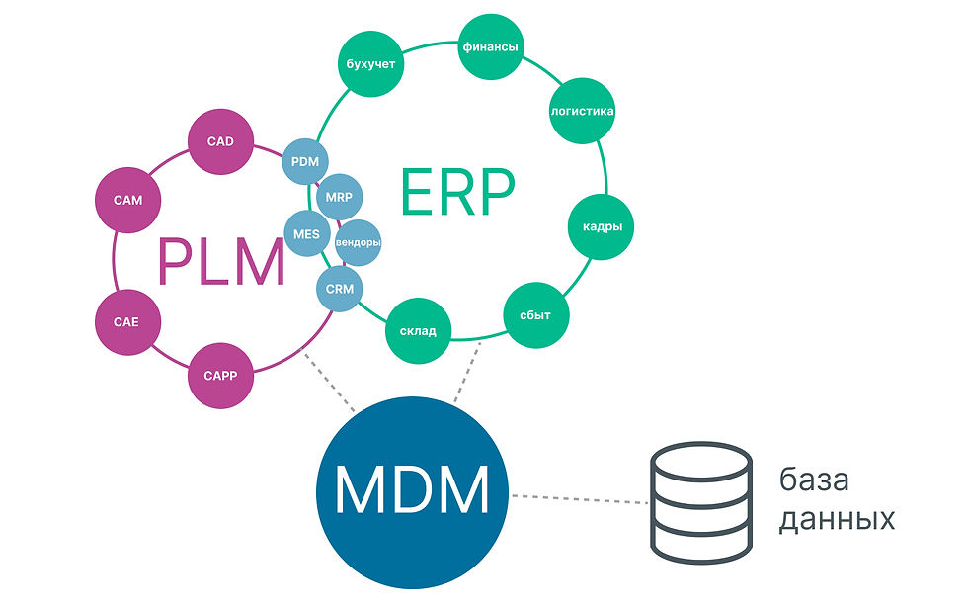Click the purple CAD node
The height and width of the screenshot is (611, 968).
tap(220, 142)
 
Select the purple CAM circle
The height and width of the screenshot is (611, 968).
tap(127, 200)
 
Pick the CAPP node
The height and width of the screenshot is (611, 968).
tap(221, 376)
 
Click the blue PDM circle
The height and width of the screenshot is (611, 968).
tap(305, 160)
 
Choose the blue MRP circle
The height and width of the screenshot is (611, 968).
tap(339, 195)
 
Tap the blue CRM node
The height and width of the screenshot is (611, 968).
tap(339, 290)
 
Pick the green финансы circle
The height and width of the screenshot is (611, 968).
tap(491, 46)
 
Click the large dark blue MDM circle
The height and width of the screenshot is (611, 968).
tap(412, 488)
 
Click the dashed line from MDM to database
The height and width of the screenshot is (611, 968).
tap(578, 498)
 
